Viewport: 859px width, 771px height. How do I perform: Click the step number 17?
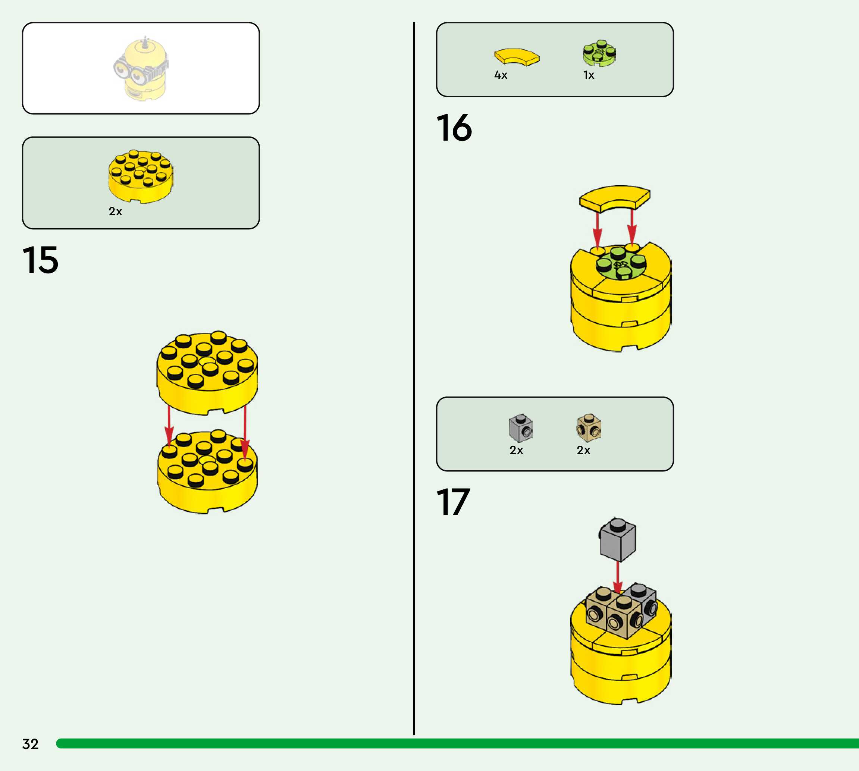[453, 502]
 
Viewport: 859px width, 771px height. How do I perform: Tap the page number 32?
[30, 744]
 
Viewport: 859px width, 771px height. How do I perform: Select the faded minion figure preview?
[141, 69]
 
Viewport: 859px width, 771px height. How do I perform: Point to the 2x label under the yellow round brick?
[115, 211]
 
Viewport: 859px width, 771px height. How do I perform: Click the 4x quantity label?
[501, 75]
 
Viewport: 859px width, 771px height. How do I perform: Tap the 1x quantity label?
[588, 75]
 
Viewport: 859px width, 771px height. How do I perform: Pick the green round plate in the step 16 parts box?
[599, 53]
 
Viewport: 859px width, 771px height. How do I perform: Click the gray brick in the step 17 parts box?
[521, 428]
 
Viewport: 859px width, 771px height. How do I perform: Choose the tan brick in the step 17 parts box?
[589, 428]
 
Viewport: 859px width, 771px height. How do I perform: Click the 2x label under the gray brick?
[516, 450]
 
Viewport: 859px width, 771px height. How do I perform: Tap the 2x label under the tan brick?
[583, 450]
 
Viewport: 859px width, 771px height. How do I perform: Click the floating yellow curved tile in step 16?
[615, 197]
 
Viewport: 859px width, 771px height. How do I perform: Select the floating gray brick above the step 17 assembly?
[618, 540]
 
